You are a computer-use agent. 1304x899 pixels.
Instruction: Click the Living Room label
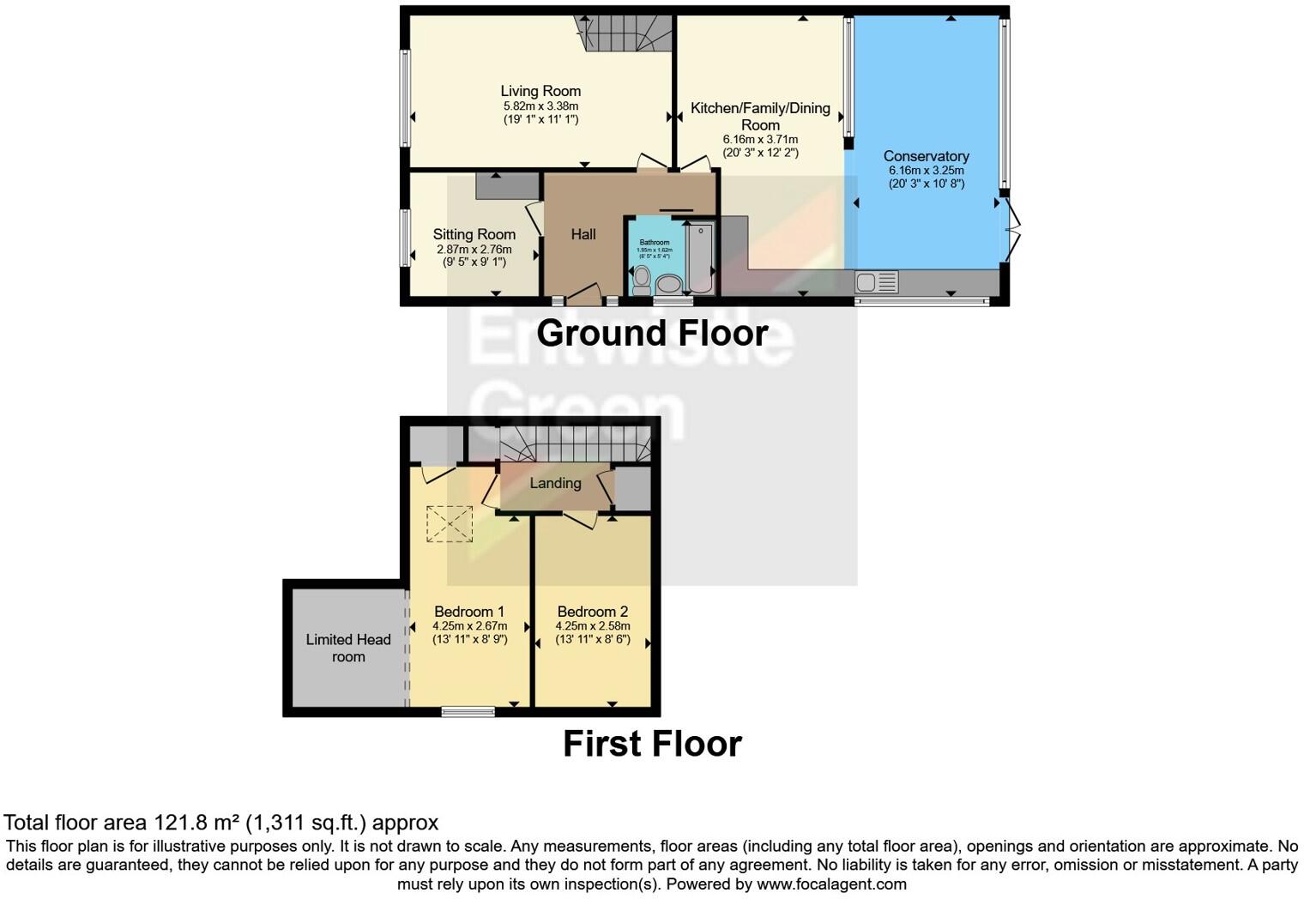click(x=540, y=91)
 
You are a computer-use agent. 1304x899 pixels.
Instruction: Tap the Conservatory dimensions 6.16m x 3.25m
click(x=926, y=170)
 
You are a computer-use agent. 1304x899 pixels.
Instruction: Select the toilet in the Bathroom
click(x=641, y=280)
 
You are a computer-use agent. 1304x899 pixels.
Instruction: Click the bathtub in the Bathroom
click(x=700, y=257)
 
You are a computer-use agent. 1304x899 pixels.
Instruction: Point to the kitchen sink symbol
click(x=876, y=281)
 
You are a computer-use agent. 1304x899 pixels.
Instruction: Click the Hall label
click(x=583, y=234)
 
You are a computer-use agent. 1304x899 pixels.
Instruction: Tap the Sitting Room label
click(x=474, y=234)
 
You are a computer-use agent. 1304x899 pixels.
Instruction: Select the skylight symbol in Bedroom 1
click(x=450, y=523)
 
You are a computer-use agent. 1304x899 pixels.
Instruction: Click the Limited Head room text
click(x=348, y=648)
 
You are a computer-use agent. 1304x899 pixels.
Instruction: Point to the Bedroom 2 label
click(x=592, y=612)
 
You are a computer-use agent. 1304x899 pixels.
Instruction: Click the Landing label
click(x=555, y=483)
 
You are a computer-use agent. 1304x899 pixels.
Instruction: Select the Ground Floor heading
click(x=652, y=333)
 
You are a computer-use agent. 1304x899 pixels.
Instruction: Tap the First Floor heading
click(x=652, y=743)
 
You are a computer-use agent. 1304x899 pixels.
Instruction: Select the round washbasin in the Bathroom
click(x=668, y=284)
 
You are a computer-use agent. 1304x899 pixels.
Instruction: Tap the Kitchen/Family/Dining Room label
click(x=760, y=116)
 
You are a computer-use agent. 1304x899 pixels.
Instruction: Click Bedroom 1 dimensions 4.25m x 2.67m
click(x=469, y=626)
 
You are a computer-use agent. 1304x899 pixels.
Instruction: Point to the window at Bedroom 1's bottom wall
click(x=468, y=710)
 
